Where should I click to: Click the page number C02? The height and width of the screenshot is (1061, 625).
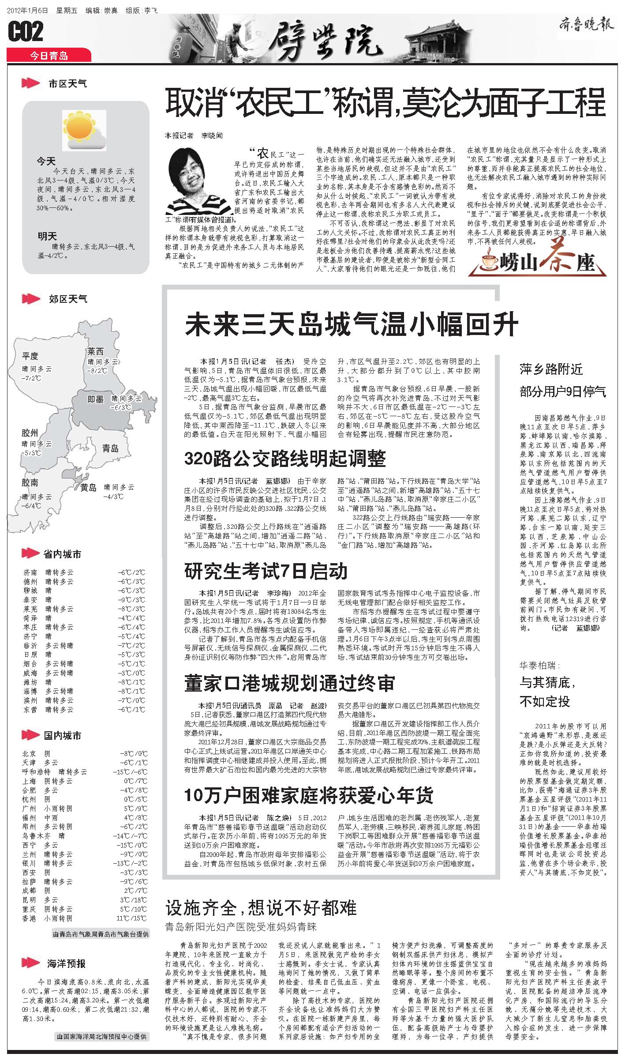[26, 31]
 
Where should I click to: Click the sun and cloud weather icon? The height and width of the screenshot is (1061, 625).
[84, 131]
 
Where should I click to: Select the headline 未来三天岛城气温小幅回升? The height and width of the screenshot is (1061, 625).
[351, 325]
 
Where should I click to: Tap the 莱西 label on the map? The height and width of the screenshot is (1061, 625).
[95, 351]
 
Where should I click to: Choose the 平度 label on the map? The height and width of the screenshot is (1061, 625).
[30, 356]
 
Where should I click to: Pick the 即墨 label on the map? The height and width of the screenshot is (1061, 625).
[95, 399]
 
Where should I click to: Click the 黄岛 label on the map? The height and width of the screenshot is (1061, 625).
[88, 488]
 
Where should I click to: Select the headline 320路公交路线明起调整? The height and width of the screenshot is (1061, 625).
[285, 459]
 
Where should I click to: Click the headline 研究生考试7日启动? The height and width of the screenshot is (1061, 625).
[266, 572]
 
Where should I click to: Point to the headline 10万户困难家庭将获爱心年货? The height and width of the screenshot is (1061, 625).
[308, 795]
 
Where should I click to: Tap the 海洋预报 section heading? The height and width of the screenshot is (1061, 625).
[66, 963]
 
